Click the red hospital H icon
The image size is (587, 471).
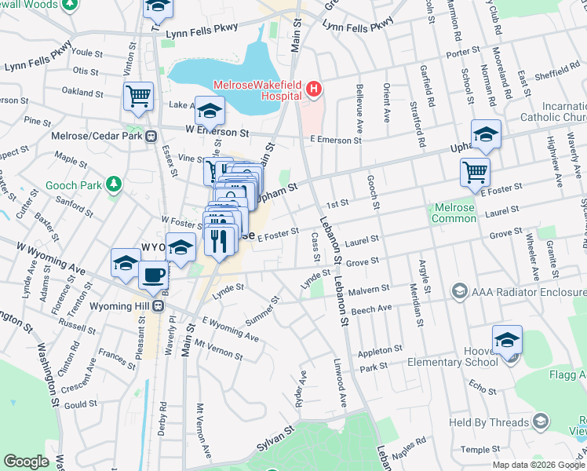click(314, 89)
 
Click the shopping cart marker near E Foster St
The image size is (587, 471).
click(476, 172)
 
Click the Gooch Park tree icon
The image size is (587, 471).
click(115, 183)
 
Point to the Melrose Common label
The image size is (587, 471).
click(454, 213)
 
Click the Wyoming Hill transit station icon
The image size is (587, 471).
click(158, 305)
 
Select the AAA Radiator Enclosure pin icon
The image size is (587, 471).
click(459, 292)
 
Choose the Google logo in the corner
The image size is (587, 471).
click(26, 462)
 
